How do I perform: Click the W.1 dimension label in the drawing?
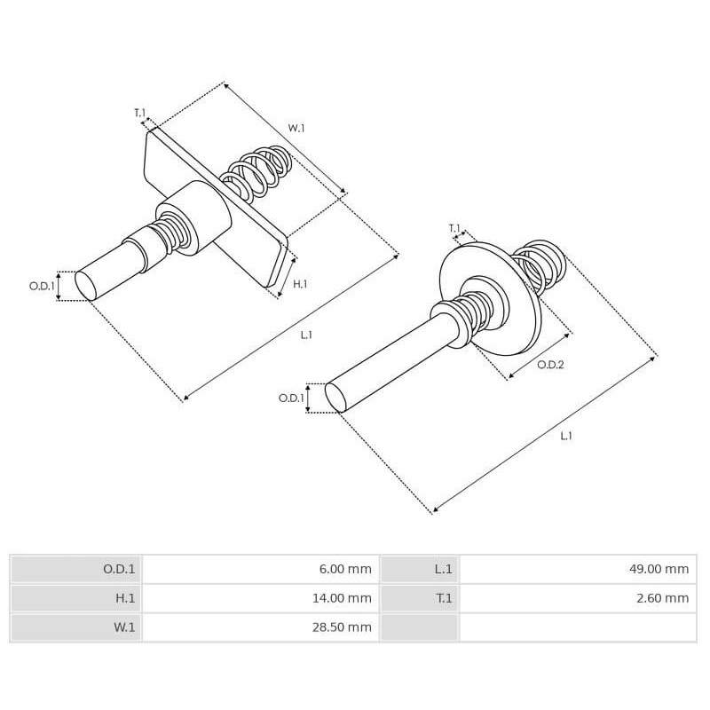(296, 128)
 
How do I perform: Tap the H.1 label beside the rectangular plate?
(300, 284)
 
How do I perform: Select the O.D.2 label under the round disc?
(550, 365)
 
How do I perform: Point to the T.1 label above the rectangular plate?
(139, 113)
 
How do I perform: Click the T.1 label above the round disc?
(454, 228)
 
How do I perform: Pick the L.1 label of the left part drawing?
(306, 335)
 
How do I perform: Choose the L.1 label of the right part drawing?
(566, 435)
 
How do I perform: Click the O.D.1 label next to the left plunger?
(42, 286)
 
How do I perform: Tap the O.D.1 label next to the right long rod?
(291, 398)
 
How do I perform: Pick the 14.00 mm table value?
(346, 598)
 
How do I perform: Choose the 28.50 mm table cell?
(346, 627)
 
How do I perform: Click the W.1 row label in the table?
(125, 627)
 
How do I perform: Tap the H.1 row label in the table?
(125, 598)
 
